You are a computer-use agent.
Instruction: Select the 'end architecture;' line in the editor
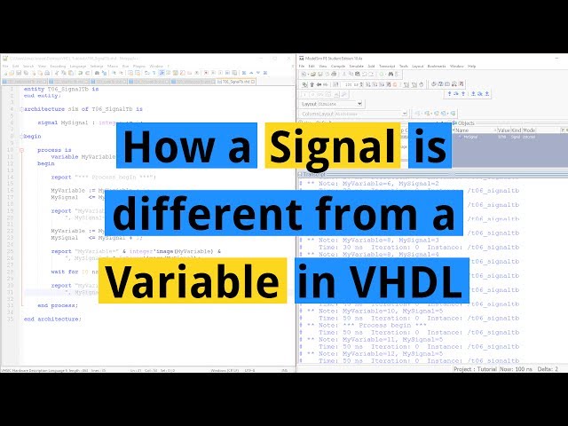[x=58, y=318]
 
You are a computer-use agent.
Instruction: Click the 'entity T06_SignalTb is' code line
[x=61, y=89]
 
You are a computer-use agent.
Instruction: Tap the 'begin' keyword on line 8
[x=32, y=136]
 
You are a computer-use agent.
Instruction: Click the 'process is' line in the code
[x=56, y=150]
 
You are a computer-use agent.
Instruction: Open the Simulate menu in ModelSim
[x=357, y=66]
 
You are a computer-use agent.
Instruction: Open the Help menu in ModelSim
[x=471, y=66]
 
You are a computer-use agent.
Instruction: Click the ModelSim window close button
[x=560, y=56]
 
